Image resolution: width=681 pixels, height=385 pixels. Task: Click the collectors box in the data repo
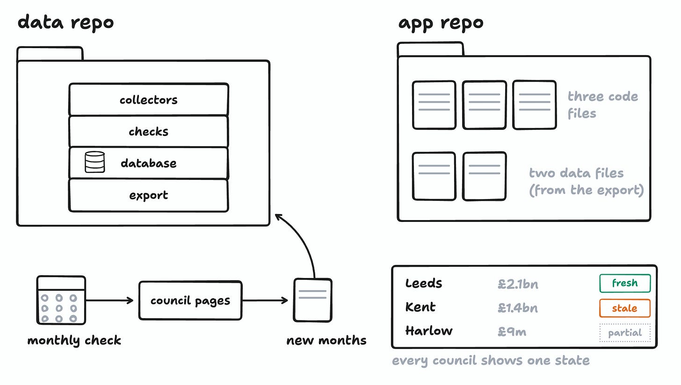pos(149,99)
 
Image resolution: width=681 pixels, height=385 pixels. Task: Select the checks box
pos(149,131)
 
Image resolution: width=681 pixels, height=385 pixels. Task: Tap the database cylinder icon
pos(94,162)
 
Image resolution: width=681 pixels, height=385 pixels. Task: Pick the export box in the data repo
pos(149,195)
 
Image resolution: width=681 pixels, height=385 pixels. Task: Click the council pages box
pos(190,300)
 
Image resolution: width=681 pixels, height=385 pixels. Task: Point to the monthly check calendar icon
pos(61,300)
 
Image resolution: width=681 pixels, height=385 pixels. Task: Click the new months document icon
pos(312,300)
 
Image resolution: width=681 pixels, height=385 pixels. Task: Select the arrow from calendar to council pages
pos(110,300)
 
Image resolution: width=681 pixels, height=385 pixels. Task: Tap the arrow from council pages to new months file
pos(265,300)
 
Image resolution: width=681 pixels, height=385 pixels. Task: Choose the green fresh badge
pos(625,283)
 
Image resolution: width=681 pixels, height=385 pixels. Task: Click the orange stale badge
pos(625,308)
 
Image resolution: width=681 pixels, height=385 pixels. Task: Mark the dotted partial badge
pos(625,333)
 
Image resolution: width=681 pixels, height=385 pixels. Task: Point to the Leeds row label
pos(423,283)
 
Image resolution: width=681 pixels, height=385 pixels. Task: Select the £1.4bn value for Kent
pos(518,308)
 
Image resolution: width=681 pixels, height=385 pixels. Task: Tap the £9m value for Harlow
pos(512,332)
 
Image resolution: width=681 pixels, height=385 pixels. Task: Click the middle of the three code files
pos(484,105)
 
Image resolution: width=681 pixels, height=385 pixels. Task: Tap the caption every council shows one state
pos(491,361)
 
